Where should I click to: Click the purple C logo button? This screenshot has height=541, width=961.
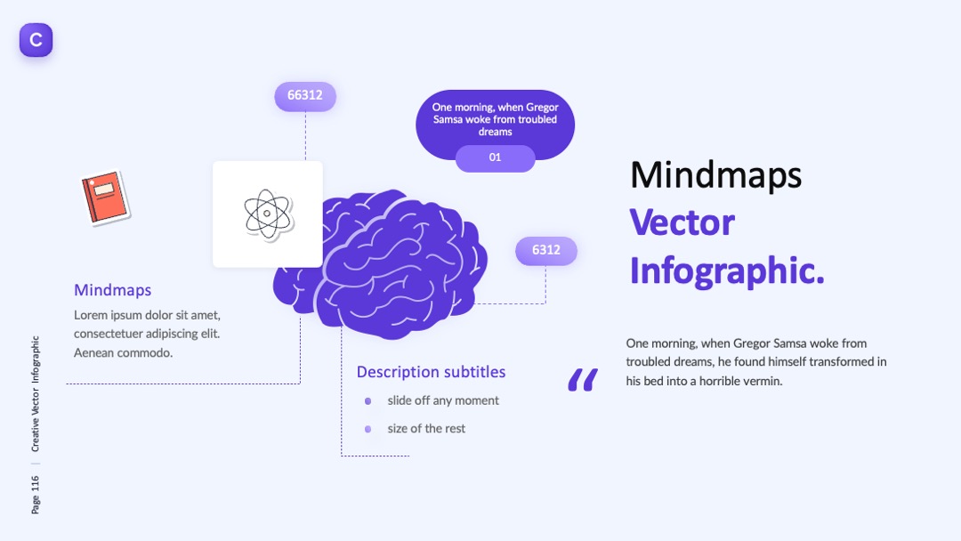pyautogui.click(x=36, y=40)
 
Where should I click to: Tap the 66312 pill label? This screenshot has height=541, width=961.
pyautogui.click(x=305, y=95)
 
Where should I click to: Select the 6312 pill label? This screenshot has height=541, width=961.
pyautogui.click(x=546, y=250)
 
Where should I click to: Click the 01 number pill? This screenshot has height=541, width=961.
pyautogui.click(x=496, y=157)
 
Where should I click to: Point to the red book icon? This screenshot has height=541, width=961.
pyautogui.click(x=105, y=198)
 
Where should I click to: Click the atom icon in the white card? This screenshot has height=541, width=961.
pyautogui.click(x=267, y=214)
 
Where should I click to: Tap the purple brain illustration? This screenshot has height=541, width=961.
pyautogui.click(x=380, y=263)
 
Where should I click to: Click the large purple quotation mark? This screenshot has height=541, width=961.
pyautogui.click(x=583, y=380)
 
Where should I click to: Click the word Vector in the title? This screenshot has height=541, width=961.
pyautogui.click(x=682, y=222)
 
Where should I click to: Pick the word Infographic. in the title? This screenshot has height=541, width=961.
pyautogui.click(x=727, y=270)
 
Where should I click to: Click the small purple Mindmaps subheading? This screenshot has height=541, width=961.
pyautogui.click(x=113, y=290)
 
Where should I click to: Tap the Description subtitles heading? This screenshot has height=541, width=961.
pyautogui.click(x=431, y=372)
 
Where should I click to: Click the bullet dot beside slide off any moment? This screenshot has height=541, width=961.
pyautogui.click(x=367, y=401)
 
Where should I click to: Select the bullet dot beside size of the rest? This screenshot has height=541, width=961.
pyautogui.click(x=367, y=430)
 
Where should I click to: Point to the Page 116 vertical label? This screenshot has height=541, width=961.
pyautogui.click(x=36, y=495)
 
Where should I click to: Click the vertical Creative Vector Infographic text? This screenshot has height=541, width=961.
pyautogui.click(x=36, y=394)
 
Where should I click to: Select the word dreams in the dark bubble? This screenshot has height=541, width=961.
pyautogui.click(x=496, y=132)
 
